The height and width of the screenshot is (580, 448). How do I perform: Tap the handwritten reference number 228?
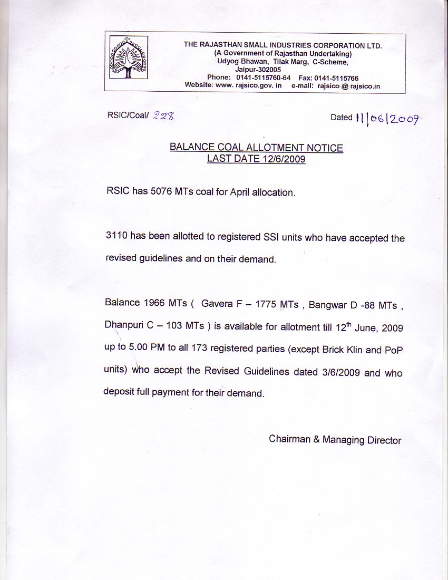click(163, 117)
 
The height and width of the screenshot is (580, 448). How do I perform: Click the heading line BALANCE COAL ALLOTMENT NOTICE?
click(256, 148)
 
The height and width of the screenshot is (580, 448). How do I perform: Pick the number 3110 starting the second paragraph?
click(116, 237)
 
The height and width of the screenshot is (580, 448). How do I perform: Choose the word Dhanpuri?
click(124, 326)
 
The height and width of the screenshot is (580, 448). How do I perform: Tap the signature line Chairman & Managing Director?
click(335, 440)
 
